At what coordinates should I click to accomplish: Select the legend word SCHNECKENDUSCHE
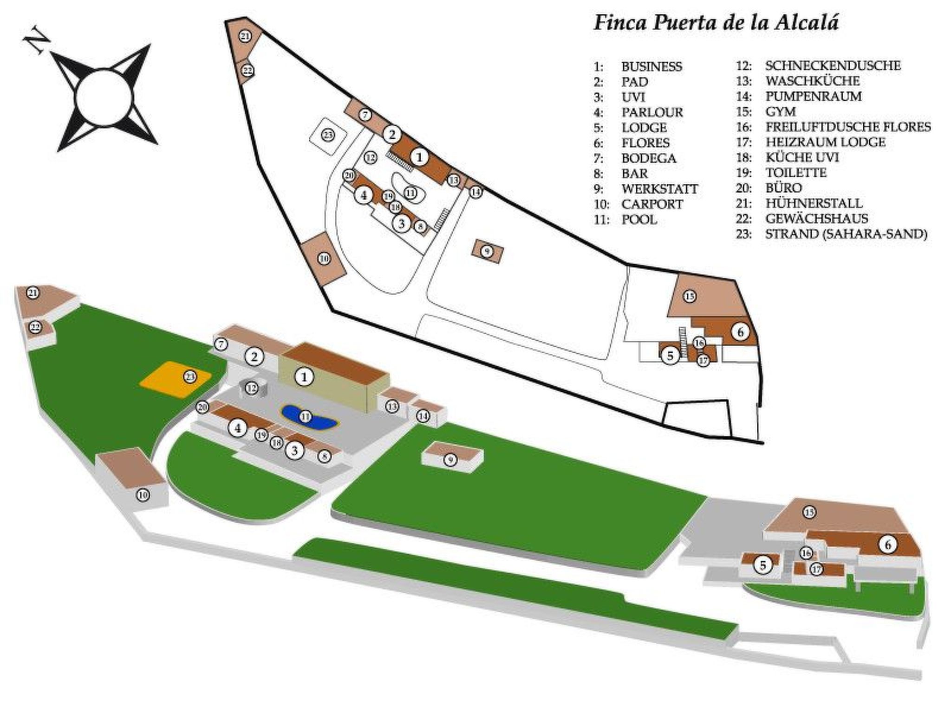click(833, 66)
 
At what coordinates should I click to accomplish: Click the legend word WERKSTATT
click(659, 189)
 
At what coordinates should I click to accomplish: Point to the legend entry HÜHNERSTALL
click(814, 203)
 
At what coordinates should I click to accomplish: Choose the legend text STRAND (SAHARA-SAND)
click(846, 234)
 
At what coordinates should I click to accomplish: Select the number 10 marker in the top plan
click(324, 258)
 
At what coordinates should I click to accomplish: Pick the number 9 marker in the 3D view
click(450, 460)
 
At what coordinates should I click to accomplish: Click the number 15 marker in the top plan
click(690, 296)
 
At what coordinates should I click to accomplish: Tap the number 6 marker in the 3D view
click(888, 544)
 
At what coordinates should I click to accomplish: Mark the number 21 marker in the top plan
click(245, 36)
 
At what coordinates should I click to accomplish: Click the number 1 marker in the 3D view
click(304, 377)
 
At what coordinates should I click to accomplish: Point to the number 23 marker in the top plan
click(328, 135)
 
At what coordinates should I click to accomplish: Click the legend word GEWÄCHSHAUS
click(816, 219)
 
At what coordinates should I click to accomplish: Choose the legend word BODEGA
click(648, 158)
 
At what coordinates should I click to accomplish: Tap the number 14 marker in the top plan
click(475, 192)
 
